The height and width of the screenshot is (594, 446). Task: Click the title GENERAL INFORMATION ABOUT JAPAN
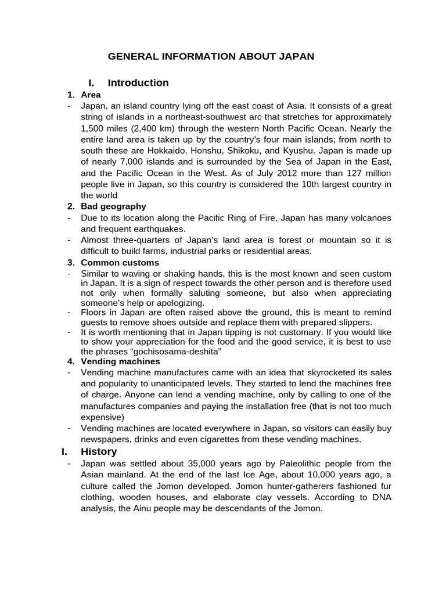click(x=211, y=56)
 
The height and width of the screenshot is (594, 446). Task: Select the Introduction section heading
click(x=138, y=83)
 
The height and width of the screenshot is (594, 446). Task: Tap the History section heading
click(x=99, y=451)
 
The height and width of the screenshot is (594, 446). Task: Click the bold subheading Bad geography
click(x=113, y=207)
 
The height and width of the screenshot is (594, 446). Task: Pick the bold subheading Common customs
click(x=120, y=262)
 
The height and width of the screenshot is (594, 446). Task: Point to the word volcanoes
click(x=370, y=218)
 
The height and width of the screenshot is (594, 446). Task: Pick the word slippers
click(x=355, y=322)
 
